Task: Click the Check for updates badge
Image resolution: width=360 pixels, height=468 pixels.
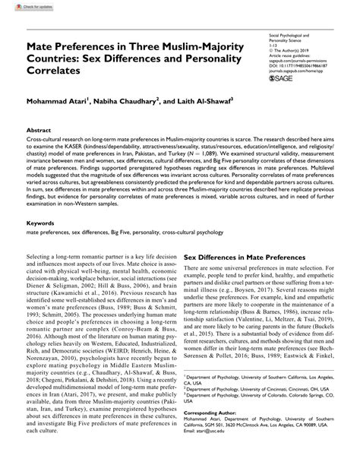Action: tap(22, 7)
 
